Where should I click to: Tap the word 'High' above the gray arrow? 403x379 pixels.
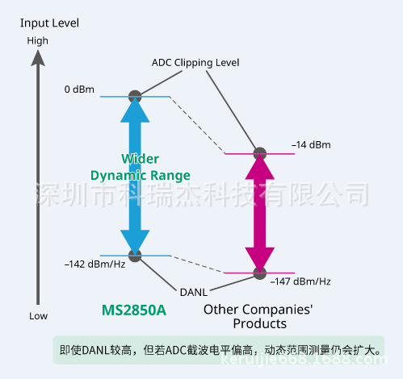tap(38, 40)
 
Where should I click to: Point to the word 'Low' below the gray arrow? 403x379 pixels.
tap(38, 315)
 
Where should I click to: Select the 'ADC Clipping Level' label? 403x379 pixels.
tap(195, 62)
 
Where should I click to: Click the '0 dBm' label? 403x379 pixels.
tap(80, 90)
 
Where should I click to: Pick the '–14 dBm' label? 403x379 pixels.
tap(311, 145)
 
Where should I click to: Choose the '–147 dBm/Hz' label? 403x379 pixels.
tap(300, 281)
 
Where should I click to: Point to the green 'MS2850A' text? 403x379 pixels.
tap(135, 310)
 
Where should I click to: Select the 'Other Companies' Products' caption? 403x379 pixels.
tap(258, 316)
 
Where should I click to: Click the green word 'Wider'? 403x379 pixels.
tap(140, 159)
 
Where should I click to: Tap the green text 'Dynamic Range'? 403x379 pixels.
tap(140, 175)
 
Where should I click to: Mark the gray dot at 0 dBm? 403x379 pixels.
tap(136, 96)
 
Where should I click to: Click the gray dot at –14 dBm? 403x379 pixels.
tap(260, 153)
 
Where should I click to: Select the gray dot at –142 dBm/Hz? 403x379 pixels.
tap(136, 256)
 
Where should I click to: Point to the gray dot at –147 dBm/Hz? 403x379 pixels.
tap(260, 273)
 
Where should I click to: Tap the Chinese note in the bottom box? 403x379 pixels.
tap(218, 351)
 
